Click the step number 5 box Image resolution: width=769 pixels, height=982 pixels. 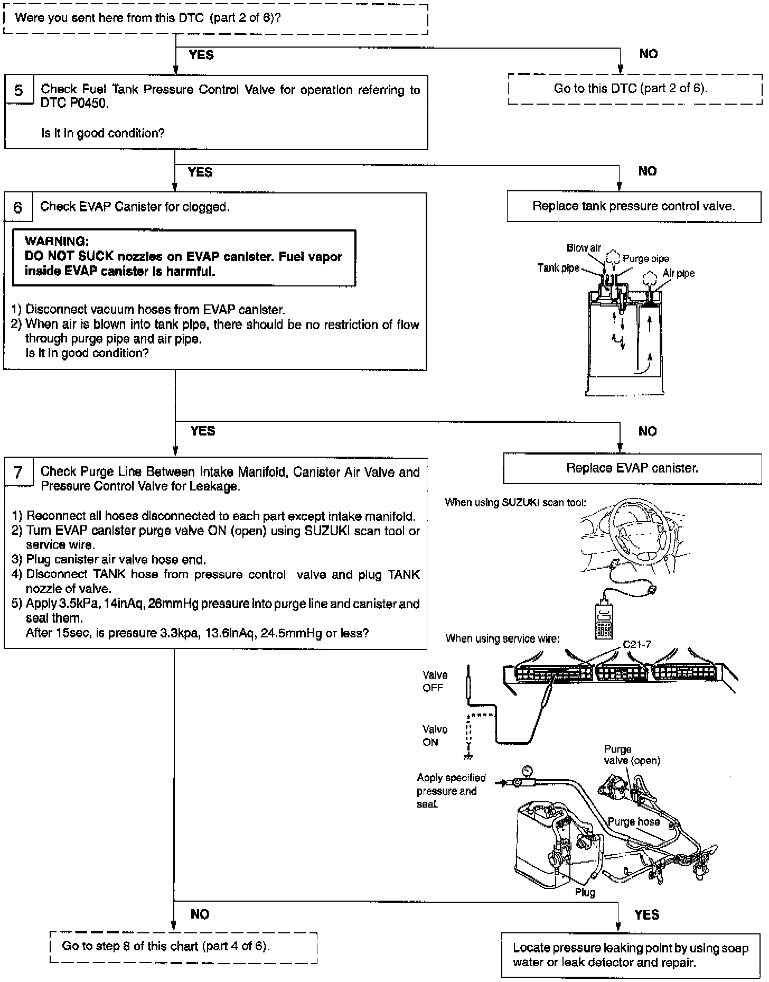point(18,90)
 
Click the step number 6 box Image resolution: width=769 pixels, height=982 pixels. point(17,207)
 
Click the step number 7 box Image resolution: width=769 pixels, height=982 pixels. point(18,472)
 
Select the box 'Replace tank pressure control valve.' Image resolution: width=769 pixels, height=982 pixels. point(633,206)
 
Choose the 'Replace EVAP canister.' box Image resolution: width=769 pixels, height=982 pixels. point(632,468)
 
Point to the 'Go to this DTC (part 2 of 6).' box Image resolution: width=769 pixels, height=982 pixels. point(631,88)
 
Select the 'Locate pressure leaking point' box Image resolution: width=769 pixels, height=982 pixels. point(631,955)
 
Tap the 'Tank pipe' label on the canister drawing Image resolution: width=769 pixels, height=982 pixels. point(558,267)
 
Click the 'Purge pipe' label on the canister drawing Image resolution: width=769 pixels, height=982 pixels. point(645,258)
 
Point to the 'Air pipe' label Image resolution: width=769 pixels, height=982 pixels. point(678,273)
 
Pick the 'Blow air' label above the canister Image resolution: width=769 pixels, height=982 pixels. point(584,248)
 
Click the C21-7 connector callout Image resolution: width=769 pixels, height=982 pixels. point(636,644)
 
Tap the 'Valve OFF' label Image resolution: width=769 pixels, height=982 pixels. point(435,681)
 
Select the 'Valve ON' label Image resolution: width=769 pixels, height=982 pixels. point(435,736)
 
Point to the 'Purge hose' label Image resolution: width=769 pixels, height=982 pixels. point(633,821)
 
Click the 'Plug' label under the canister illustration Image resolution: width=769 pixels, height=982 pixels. point(585,893)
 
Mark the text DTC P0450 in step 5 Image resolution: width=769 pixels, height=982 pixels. point(74,103)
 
